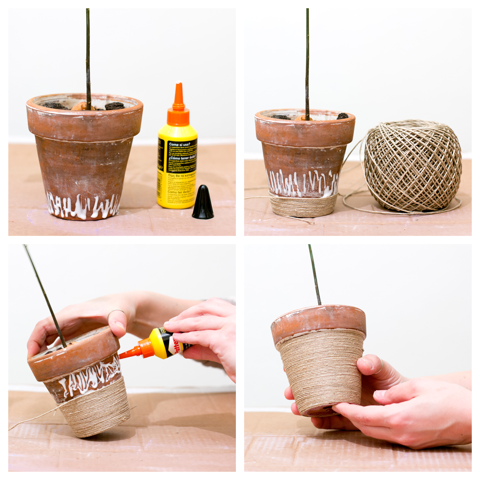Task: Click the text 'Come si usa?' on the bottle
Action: click(182, 144)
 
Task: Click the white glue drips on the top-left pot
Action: click(82, 205)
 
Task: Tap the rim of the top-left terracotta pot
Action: click(85, 119)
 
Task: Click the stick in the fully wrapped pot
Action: click(315, 275)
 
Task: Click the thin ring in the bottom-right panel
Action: click(381, 363)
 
